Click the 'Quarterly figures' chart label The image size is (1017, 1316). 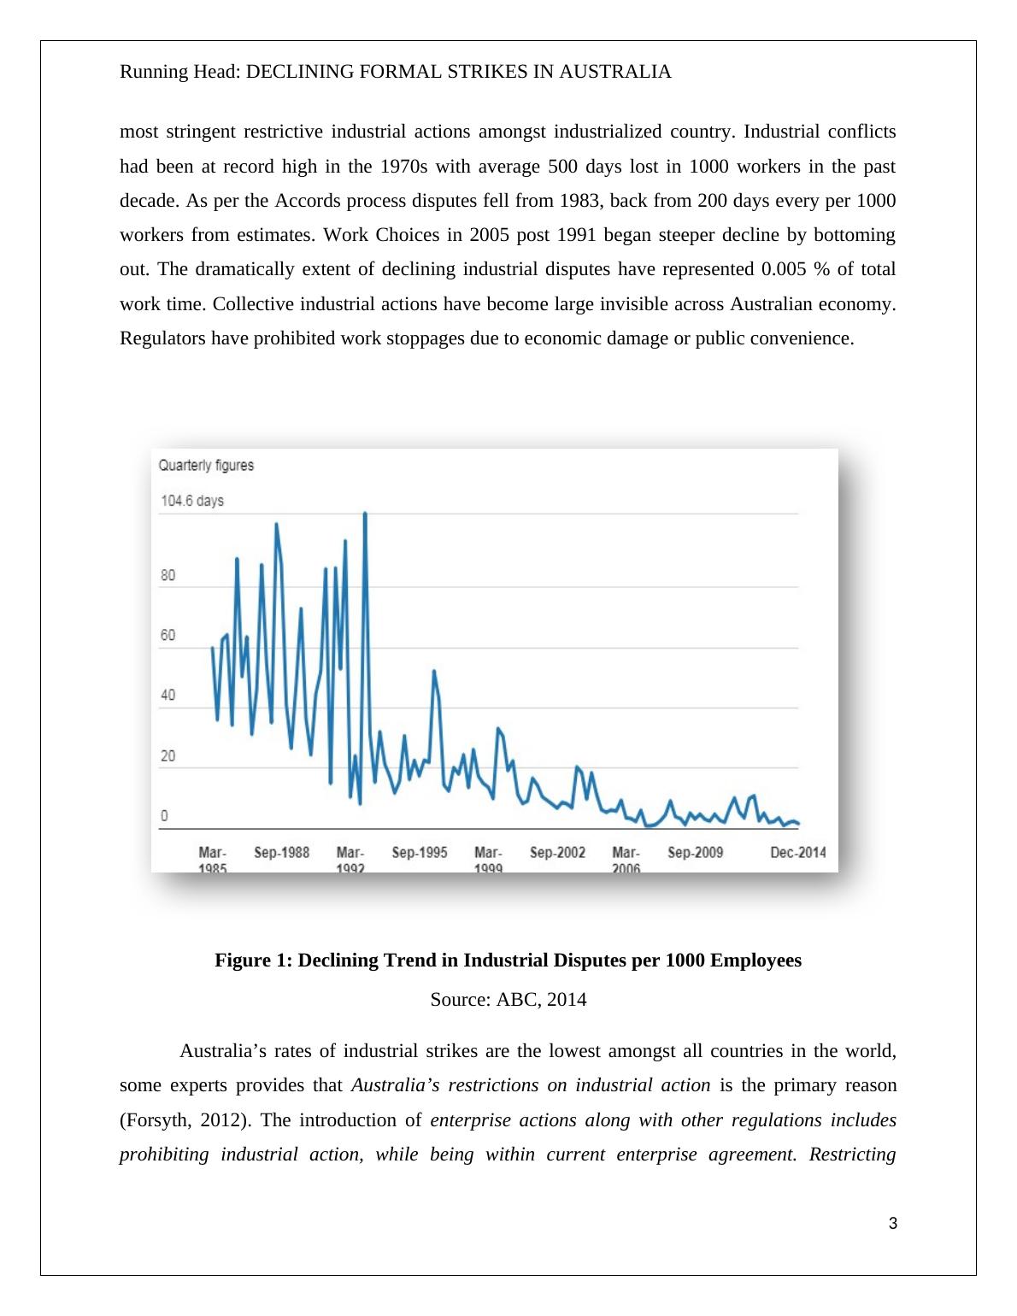(x=206, y=465)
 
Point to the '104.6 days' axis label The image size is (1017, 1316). (x=192, y=500)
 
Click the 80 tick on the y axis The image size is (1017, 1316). (x=168, y=575)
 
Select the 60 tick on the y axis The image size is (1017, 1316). (x=168, y=635)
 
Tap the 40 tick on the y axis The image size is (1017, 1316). (x=168, y=695)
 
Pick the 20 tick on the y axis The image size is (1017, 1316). (x=168, y=755)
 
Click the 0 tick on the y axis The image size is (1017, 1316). (x=164, y=816)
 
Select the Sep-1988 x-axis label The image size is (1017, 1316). (x=281, y=852)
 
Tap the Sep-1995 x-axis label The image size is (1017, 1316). (x=419, y=852)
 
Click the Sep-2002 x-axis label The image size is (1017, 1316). (x=557, y=852)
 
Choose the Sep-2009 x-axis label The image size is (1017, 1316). (x=695, y=852)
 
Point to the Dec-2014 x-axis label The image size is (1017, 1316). (x=797, y=852)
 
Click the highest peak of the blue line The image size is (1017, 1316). (x=365, y=514)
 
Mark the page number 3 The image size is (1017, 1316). (x=893, y=1224)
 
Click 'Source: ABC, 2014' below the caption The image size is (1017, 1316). (x=508, y=999)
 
